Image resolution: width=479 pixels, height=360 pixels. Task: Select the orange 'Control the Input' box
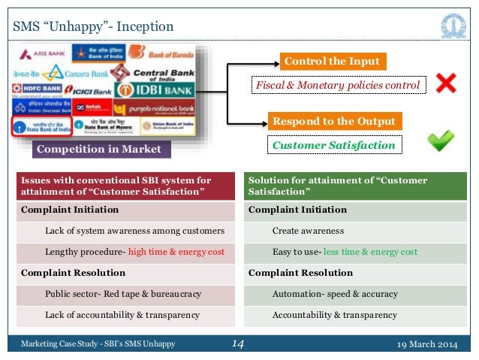click(331, 61)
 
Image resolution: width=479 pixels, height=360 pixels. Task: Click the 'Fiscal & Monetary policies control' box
click(338, 85)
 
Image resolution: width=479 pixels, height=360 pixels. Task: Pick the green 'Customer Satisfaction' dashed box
click(334, 144)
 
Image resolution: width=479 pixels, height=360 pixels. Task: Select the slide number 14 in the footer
click(238, 344)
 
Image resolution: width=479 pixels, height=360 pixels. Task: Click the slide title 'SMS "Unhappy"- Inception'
click(93, 28)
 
